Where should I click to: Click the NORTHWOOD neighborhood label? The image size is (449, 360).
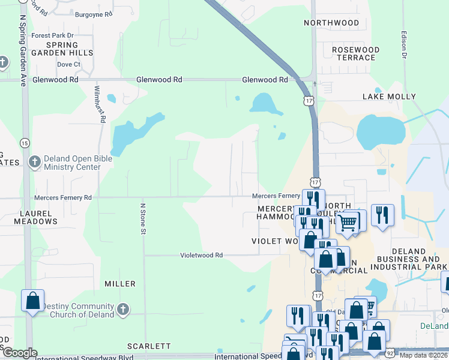coord(331,23)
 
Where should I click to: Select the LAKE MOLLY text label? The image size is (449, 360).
coord(389,96)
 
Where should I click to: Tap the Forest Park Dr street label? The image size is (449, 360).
coord(52,35)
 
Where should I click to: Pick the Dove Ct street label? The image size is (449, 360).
coord(68,64)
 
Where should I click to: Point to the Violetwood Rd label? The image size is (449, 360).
coord(202,255)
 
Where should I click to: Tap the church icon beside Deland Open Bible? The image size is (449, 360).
coord(35,162)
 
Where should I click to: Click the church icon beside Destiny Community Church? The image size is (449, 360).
coord(122,310)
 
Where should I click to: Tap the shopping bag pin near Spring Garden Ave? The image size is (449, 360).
coord(32,299)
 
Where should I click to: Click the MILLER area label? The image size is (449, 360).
coord(120,283)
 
